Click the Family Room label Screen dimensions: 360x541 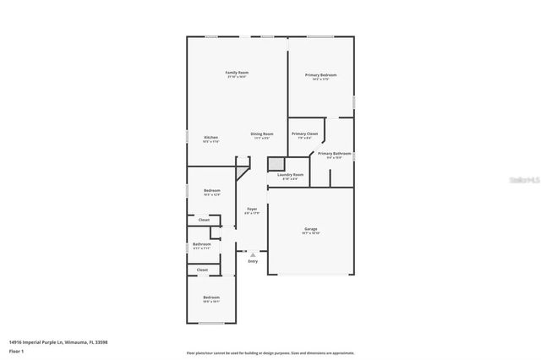pyautogui.click(x=237, y=73)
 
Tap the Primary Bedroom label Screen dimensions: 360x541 pyautogui.click(x=320, y=75)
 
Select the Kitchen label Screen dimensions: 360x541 pyautogui.click(x=210, y=137)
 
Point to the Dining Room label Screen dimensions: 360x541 pyautogui.click(x=262, y=134)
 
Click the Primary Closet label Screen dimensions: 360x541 pyautogui.click(x=304, y=134)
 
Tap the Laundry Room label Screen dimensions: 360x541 pyautogui.click(x=290, y=174)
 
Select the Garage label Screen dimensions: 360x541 pyautogui.click(x=311, y=229)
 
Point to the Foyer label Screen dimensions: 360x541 pyautogui.click(x=252, y=209)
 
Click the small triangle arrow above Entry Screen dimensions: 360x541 pyautogui.click(x=253, y=254)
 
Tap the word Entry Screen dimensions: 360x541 pyautogui.click(x=253, y=261)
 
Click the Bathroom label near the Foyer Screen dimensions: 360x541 pyautogui.click(x=201, y=244)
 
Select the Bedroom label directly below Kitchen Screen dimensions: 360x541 pyautogui.click(x=211, y=190)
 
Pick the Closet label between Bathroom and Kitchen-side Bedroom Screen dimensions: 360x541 pyautogui.click(x=203, y=220)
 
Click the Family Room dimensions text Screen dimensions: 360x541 pyautogui.click(x=237, y=77)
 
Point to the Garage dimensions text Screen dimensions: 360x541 pyautogui.click(x=311, y=233)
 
